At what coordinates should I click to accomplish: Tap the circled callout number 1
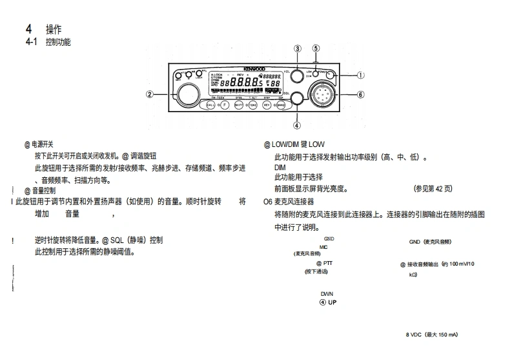click(361, 75)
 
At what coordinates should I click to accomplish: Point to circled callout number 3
click(298, 48)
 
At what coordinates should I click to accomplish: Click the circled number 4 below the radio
click(297, 126)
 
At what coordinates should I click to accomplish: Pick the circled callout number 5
click(316, 48)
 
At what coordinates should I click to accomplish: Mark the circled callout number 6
click(361, 94)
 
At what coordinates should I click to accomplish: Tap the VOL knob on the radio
click(296, 75)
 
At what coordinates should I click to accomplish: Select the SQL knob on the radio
click(297, 99)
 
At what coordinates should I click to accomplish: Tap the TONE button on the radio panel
click(252, 104)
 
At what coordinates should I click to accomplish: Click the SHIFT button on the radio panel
click(238, 104)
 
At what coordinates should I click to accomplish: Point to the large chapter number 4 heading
click(28, 30)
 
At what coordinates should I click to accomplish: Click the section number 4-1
click(31, 42)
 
